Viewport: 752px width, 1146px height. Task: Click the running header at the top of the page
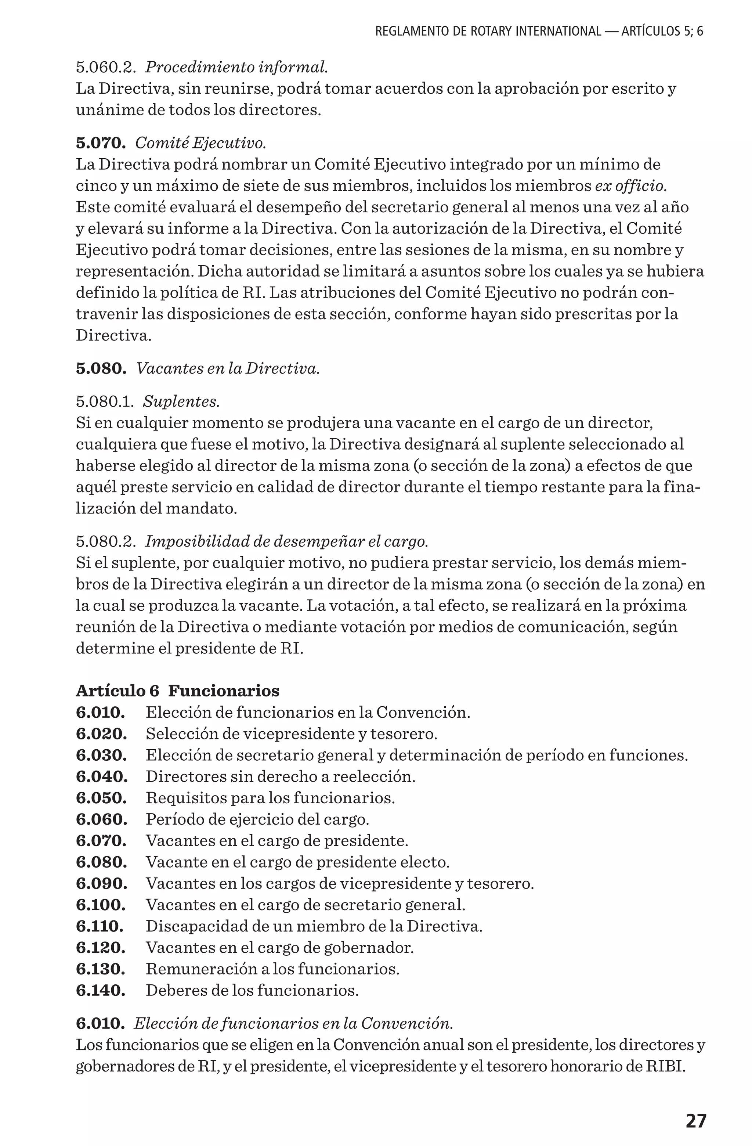[x=539, y=32]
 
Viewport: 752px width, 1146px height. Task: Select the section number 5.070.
[x=101, y=143]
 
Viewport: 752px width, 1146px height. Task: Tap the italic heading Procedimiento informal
[x=236, y=68]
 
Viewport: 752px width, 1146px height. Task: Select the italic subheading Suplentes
[x=181, y=401]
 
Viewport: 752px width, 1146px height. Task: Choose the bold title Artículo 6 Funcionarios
[x=177, y=691]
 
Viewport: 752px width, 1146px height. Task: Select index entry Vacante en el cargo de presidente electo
[x=297, y=862]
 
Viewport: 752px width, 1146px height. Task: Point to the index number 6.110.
[x=100, y=926]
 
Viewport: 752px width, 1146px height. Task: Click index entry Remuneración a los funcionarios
[x=272, y=968]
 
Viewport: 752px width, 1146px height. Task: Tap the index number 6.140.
[x=101, y=990]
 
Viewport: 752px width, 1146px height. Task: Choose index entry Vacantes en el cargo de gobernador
[x=280, y=947]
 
